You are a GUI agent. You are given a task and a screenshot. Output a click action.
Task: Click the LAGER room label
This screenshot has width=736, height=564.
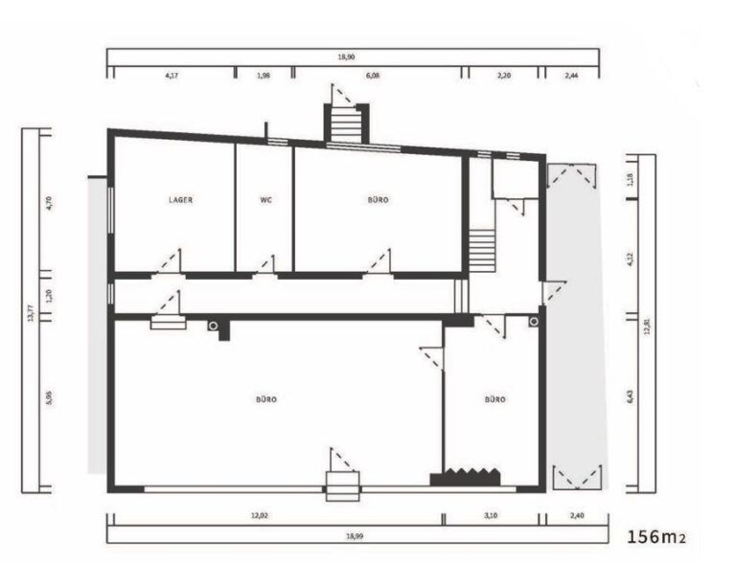point(180,200)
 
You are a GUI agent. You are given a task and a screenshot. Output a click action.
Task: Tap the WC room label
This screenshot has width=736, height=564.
point(265,200)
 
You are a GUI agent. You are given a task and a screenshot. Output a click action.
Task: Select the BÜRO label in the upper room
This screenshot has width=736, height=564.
point(379,200)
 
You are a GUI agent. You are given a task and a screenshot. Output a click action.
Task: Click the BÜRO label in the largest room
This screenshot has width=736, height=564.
point(266,399)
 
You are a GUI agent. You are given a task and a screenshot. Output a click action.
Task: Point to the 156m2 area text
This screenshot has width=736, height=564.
point(656,537)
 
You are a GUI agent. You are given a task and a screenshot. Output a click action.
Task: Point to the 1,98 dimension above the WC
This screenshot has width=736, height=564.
point(264,72)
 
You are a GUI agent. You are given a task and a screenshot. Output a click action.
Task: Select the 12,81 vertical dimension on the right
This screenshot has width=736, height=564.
point(648,326)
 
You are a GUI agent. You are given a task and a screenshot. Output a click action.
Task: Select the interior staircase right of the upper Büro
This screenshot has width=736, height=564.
point(482,251)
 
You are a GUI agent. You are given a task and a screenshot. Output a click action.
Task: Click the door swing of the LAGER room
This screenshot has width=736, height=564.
point(169,261)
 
